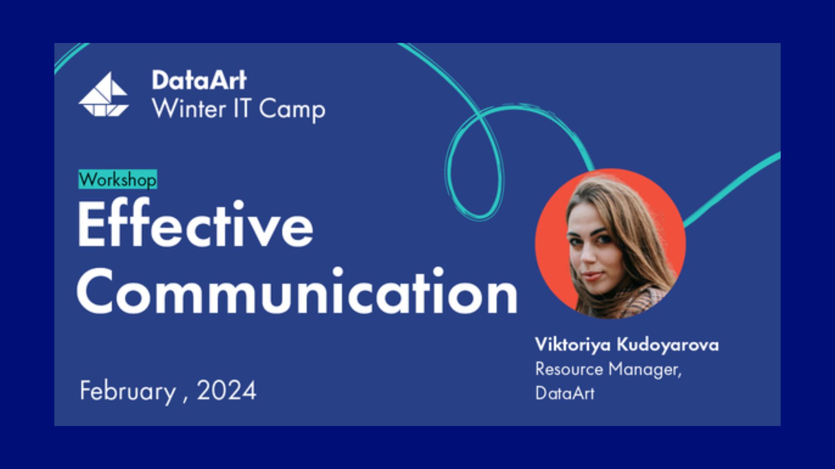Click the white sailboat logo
[104, 95]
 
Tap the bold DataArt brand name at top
[199, 80]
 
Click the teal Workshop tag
[117, 179]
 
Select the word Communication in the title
[297, 291]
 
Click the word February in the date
[127, 391]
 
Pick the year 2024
[227, 390]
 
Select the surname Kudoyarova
[668, 345]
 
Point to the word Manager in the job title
[645, 370]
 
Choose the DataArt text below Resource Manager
[564, 393]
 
